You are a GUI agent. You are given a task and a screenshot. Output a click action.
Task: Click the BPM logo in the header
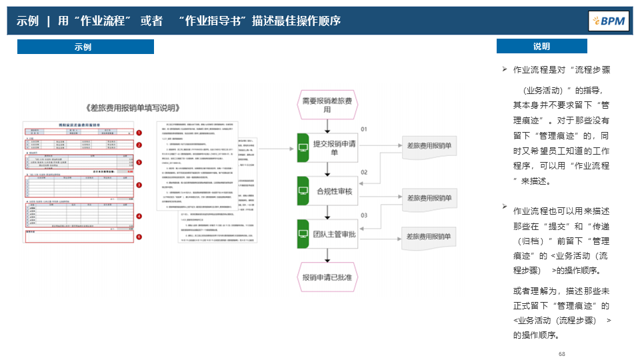point(609,21)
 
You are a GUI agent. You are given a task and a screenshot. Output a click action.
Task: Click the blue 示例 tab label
point(85,47)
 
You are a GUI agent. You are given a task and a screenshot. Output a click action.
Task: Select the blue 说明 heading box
point(541,46)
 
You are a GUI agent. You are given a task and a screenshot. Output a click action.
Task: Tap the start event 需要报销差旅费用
point(327,105)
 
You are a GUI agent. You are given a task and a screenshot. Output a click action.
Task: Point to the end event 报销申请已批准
point(327,277)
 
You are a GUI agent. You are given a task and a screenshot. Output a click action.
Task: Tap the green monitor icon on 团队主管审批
point(303,234)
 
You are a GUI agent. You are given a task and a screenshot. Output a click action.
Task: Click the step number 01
point(364,128)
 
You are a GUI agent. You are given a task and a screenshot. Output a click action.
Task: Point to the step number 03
point(364,215)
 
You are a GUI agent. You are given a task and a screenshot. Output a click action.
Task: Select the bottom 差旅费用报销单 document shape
point(429,236)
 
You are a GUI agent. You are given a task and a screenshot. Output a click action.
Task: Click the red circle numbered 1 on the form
point(139,133)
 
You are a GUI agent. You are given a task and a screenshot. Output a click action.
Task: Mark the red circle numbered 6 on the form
point(139,236)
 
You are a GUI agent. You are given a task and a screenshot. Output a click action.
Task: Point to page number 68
point(562,353)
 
